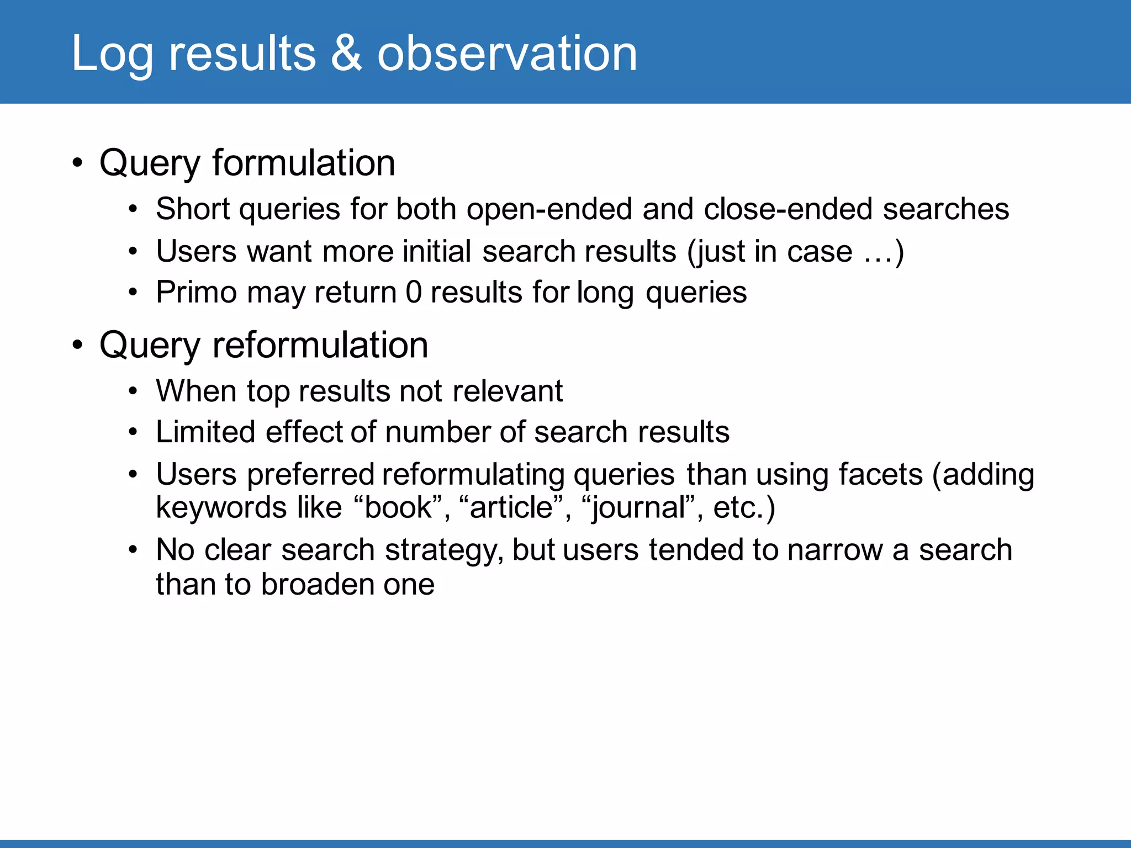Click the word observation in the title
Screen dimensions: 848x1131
pyautogui.click(x=507, y=53)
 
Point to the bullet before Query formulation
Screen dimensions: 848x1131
pyautogui.click(x=78, y=163)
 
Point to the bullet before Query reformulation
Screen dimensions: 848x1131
pyautogui.click(x=78, y=346)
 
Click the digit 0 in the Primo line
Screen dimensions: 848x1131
pyautogui.click(x=414, y=293)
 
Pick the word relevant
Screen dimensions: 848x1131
pyautogui.click(x=508, y=391)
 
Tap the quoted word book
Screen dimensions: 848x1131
pyautogui.click(x=398, y=507)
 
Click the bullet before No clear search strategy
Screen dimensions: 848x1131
pyautogui.click(x=133, y=550)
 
